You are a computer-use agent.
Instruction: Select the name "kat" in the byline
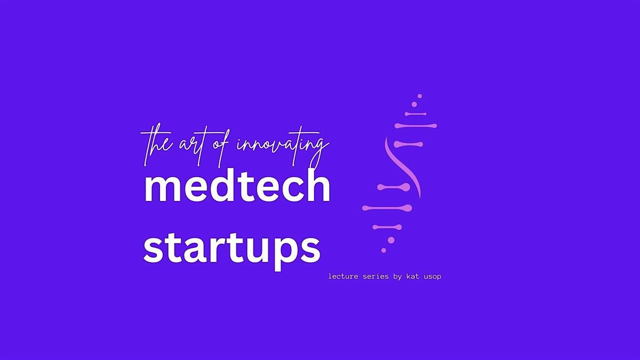(x=413, y=276)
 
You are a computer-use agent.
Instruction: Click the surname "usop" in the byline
(x=433, y=277)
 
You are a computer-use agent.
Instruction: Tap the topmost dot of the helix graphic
(x=420, y=96)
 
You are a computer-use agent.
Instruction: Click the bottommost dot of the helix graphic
(x=383, y=250)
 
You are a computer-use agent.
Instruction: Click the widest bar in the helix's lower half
(x=387, y=207)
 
